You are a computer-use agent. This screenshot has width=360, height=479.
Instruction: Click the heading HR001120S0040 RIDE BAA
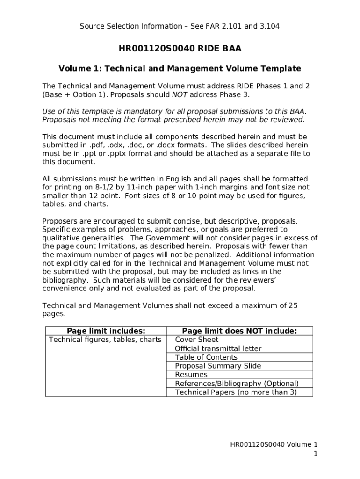click(180, 48)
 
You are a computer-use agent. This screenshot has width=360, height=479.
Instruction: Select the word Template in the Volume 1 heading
click(279, 69)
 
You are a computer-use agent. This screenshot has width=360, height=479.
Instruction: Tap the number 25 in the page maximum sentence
click(293, 305)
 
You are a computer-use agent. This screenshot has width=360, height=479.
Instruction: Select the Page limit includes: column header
click(106, 331)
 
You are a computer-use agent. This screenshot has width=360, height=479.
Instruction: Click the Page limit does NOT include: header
click(239, 331)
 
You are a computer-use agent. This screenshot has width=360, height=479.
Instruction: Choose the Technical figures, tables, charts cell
click(105, 340)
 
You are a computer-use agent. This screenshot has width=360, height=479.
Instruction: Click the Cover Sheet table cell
click(196, 340)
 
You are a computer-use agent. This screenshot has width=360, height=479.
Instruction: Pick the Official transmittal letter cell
click(218, 348)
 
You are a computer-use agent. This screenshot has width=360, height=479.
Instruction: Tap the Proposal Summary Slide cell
click(218, 366)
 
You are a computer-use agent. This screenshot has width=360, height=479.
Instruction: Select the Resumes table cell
click(191, 375)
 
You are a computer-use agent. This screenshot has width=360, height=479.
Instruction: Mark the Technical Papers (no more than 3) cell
click(236, 392)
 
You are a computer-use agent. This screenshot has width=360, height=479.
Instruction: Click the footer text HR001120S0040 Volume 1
click(274, 445)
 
